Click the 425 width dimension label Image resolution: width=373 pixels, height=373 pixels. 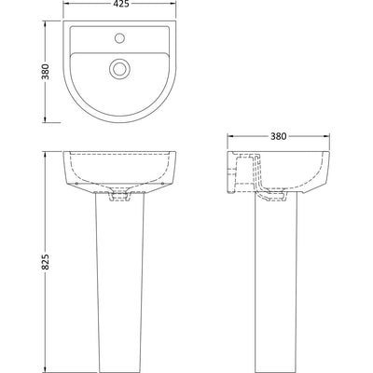pos(119,4)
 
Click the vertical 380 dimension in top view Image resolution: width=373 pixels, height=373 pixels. pos(46,72)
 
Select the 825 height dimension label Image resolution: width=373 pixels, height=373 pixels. pos(46,262)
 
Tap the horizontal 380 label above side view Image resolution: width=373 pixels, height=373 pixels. pos(278,136)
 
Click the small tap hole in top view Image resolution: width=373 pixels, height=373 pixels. pos(119,38)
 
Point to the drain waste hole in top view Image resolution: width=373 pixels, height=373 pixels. pos(119,68)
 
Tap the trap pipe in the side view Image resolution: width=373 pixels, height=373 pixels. pos(257,175)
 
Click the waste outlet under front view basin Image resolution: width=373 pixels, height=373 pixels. pos(119,197)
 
